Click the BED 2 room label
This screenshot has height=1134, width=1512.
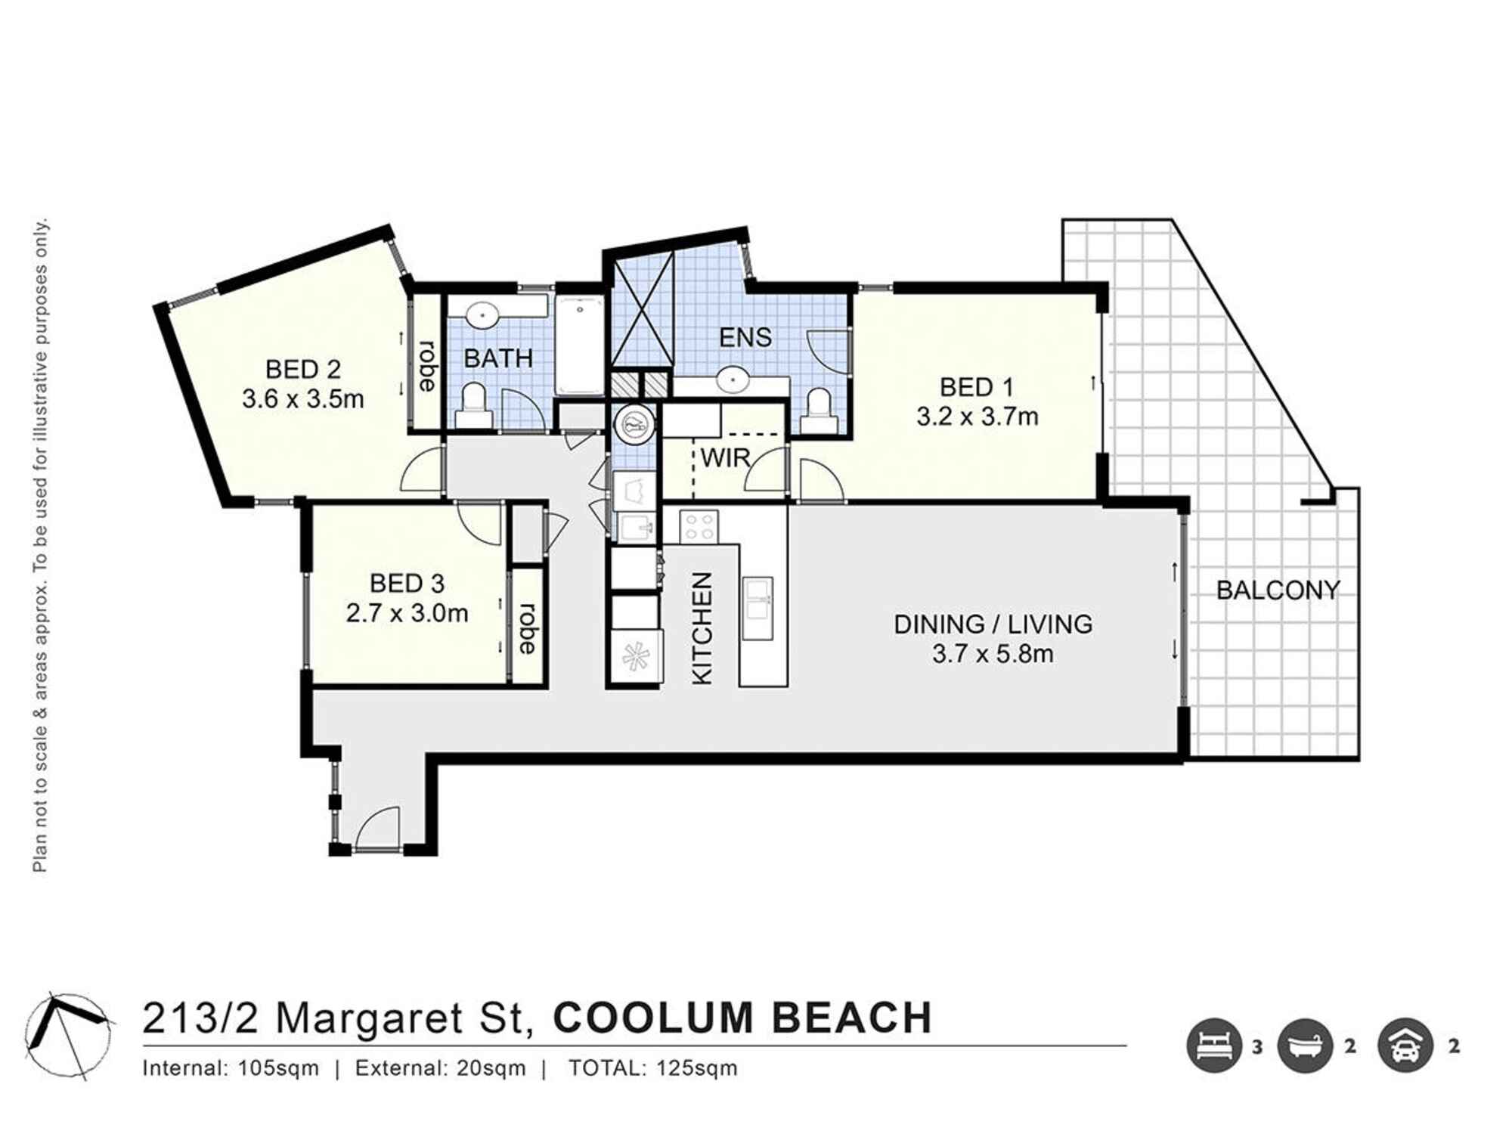click(x=302, y=370)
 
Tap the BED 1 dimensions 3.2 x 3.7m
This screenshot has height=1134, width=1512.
click(x=978, y=417)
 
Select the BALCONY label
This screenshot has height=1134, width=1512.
click(x=1278, y=590)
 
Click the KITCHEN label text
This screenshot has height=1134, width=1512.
click(x=702, y=628)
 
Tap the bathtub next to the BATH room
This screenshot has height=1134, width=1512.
click(x=580, y=345)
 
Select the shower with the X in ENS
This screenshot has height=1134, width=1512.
click(x=642, y=309)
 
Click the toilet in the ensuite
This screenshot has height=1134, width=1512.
click(x=819, y=411)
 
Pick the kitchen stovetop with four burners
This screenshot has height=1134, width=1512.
click(x=699, y=526)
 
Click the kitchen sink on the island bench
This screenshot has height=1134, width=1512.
click(x=758, y=608)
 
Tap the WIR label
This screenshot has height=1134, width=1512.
click(x=725, y=457)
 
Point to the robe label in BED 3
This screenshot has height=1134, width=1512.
click(x=528, y=628)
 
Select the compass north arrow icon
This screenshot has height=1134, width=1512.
click(x=70, y=1034)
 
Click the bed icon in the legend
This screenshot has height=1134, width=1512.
click(x=1214, y=1046)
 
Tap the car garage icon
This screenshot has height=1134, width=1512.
click(x=1405, y=1046)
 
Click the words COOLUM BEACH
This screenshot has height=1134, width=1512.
click(x=742, y=1018)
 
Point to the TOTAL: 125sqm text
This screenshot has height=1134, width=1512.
click(x=652, y=1068)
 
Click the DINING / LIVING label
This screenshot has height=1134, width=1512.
click(x=993, y=624)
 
